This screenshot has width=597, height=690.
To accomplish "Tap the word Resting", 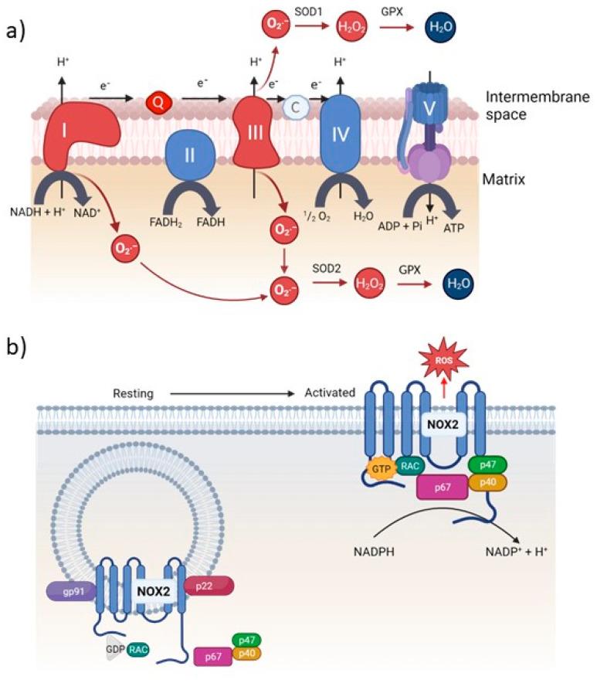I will [x=131, y=393].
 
